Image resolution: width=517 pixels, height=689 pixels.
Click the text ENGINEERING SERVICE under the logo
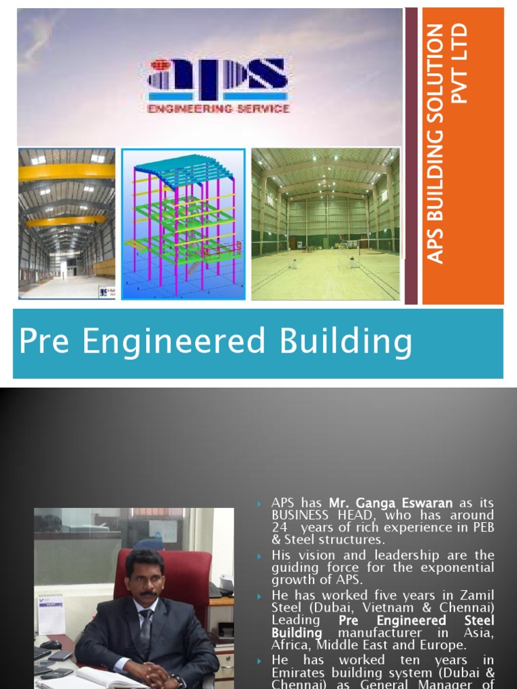tap(219, 108)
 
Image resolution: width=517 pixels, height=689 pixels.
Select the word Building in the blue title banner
tap(346, 342)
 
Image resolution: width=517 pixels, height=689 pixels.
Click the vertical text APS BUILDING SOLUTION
tap(437, 144)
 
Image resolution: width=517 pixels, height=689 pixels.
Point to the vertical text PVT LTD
tap(459, 64)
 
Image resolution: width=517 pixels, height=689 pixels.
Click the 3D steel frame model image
tap(182, 224)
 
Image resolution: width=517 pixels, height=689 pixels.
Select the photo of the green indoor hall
tap(325, 224)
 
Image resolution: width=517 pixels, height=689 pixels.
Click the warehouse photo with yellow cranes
tap(67, 224)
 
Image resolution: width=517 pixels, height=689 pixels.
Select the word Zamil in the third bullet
tap(479, 595)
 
